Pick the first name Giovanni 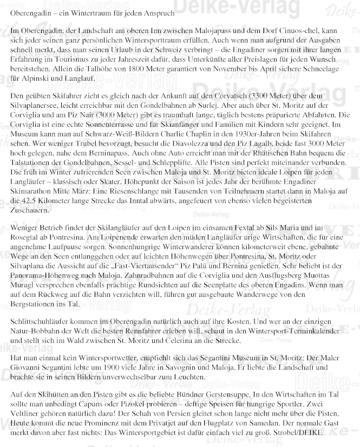click(27, 368)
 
